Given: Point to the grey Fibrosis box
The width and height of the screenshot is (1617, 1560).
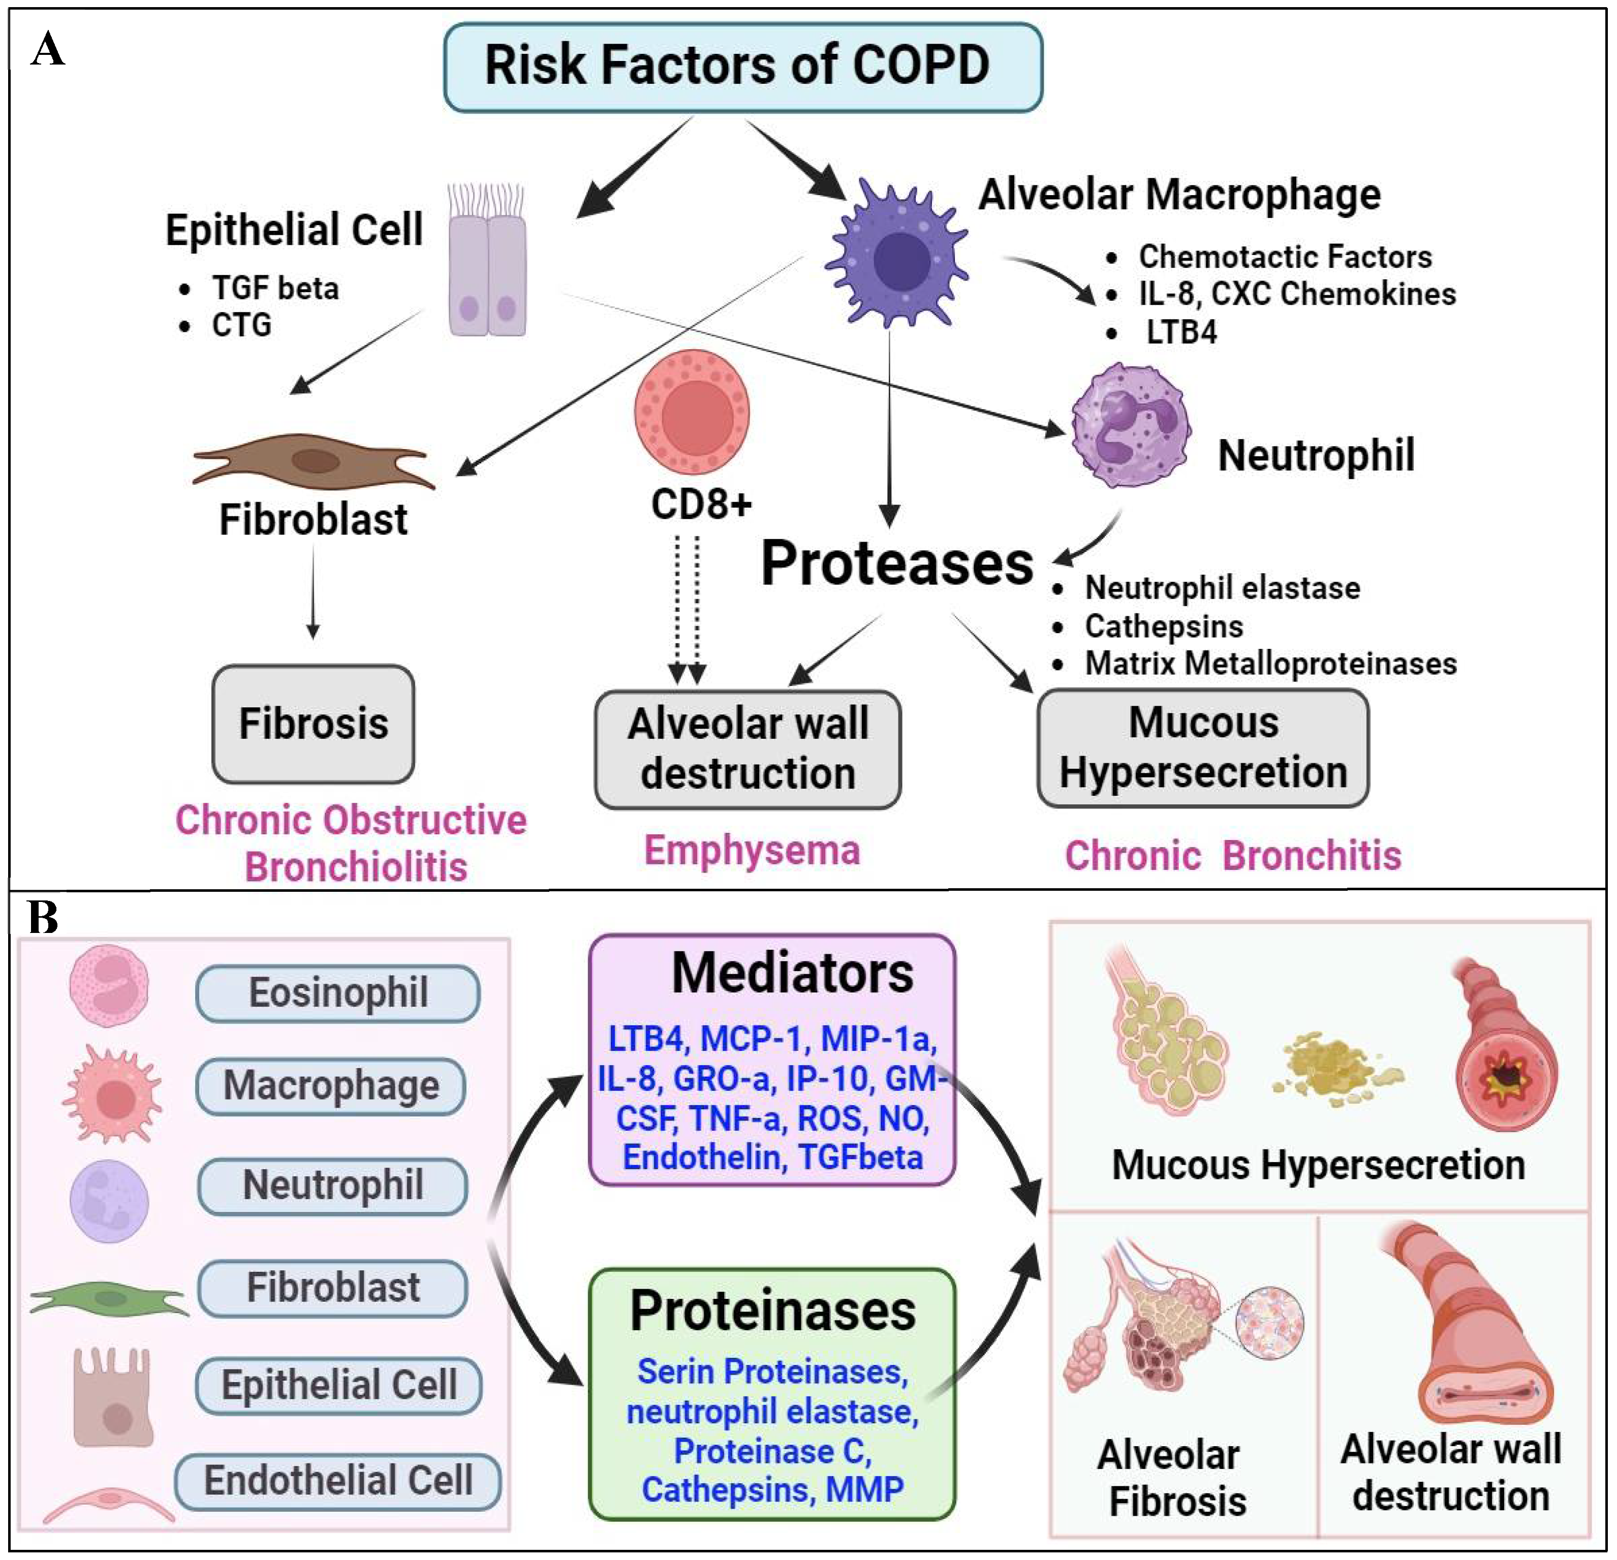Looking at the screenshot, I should click(x=314, y=724).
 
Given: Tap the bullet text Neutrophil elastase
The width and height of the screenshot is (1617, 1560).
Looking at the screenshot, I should click(x=1222, y=588).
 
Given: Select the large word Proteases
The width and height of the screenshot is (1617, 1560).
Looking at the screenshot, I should click(x=897, y=564).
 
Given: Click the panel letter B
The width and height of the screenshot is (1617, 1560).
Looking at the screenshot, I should click(x=43, y=917).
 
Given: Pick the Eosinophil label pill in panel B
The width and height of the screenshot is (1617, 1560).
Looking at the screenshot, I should click(x=338, y=993).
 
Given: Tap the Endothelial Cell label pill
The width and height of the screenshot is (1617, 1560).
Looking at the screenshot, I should click(x=338, y=1480).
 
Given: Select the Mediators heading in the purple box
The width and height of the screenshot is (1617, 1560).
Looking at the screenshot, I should click(x=792, y=974).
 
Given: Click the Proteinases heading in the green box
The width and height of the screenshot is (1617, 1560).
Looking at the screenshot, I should click(x=773, y=1310).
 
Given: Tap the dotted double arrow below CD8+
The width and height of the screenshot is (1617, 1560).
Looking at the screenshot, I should click(x=687, y=610).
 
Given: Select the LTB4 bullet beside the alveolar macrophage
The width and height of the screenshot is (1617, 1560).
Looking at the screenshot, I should click(x=1180, y=332).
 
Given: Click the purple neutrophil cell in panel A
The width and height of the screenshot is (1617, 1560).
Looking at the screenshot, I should click(x=1130, y=425).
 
